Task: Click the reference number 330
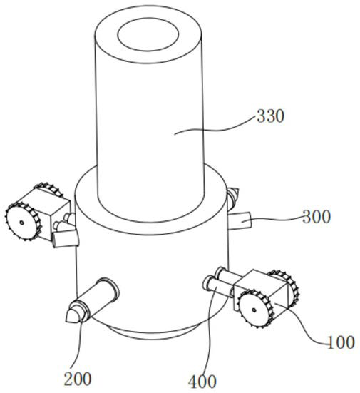pos(271,116)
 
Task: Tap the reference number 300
pos(317,217)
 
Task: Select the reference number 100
pos(341,342)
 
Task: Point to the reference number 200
pos(78,379)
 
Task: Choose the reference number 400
pos(202,382)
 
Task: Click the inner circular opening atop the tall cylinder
pos(148,34)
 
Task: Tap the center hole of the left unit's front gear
pos(22,223)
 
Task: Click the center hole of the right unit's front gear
pos(254,310)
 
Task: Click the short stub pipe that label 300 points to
pos(240,220)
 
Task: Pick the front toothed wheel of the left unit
pos(23,222)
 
